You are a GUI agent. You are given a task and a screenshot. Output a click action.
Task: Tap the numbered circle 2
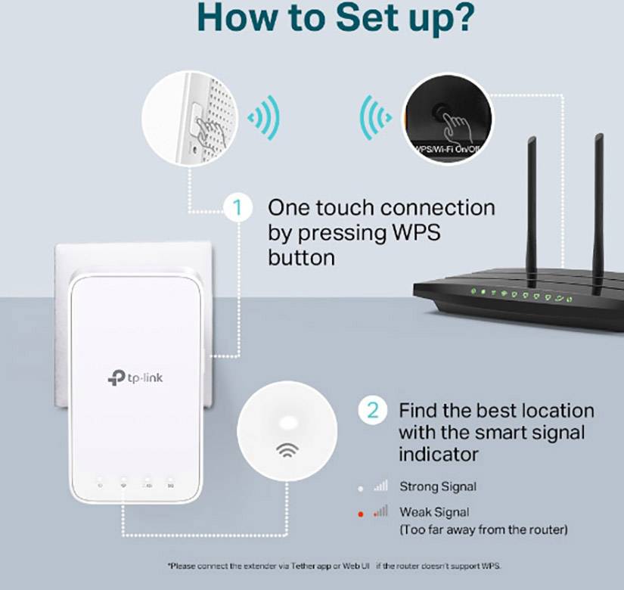[372, 411]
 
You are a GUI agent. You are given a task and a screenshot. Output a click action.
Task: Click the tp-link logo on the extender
[135, 377]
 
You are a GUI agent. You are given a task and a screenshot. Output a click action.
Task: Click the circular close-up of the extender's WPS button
[188, 117]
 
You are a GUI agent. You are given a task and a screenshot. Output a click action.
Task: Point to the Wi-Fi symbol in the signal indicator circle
[287, 451]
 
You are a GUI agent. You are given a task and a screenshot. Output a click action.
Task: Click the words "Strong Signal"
[438, 486]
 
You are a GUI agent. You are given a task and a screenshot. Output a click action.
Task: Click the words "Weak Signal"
[434, 512]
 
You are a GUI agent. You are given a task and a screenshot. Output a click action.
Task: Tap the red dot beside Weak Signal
[362, 514]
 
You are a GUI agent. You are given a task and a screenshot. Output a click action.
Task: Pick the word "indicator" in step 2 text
[439, 455]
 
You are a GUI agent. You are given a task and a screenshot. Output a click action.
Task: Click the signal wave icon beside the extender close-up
[264, 117]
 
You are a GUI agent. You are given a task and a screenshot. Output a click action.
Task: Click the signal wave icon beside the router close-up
[374, 117]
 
